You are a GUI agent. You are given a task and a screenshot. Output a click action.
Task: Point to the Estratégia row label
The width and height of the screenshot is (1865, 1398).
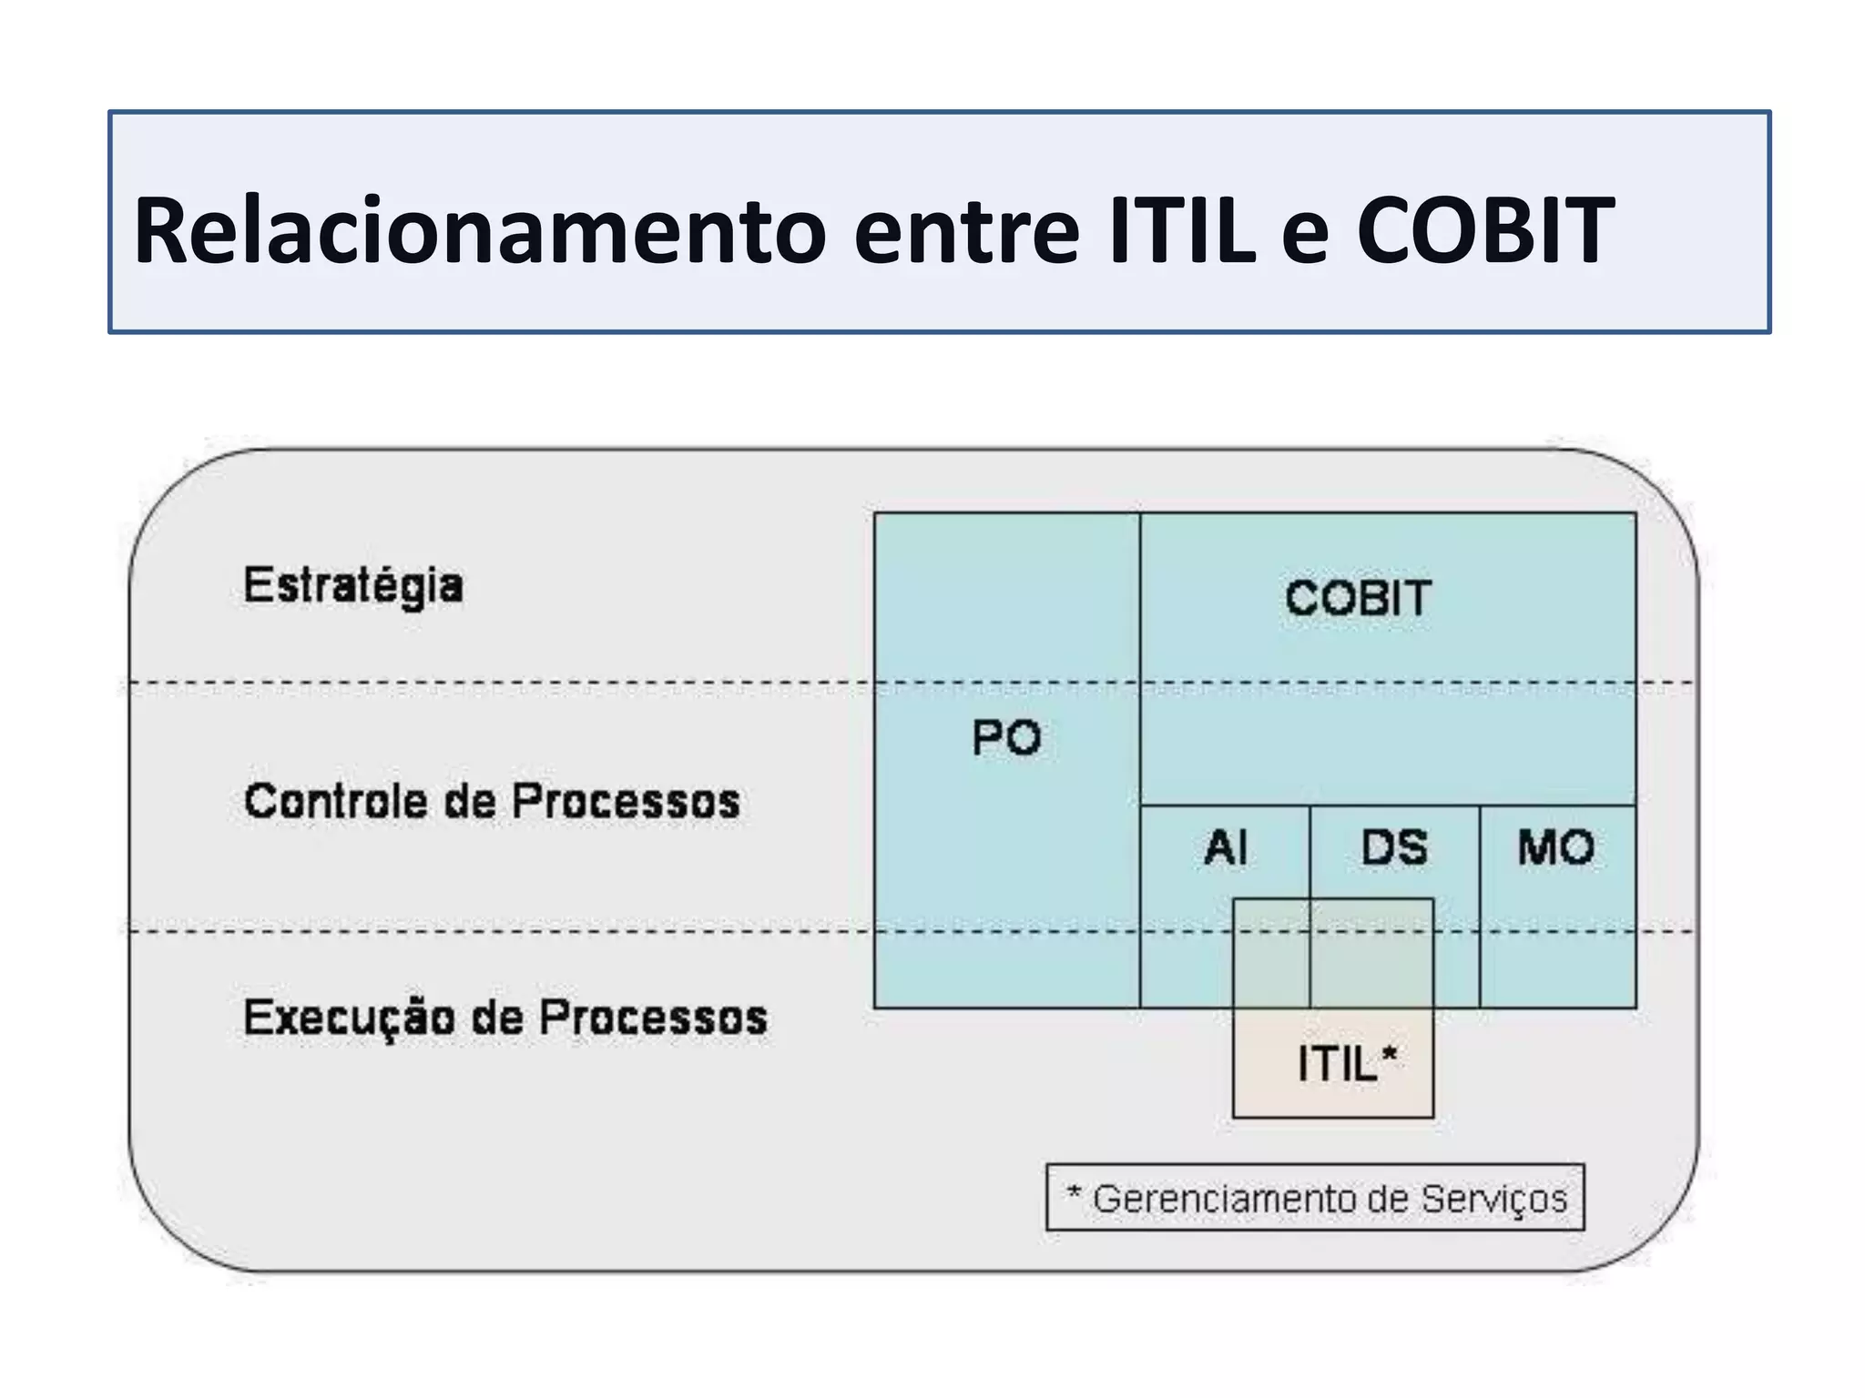[x=353, y=585]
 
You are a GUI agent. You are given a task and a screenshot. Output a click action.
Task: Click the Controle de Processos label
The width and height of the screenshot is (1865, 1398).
[x=492, y=802]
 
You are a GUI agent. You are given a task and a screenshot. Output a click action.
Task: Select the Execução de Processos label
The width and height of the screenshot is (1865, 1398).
[x=505, y=1018]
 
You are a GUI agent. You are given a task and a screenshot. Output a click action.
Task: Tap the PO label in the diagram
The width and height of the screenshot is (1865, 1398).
[x=1006, y=737]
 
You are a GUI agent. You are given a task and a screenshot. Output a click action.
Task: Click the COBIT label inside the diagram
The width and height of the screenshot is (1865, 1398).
[x=1358, y=598]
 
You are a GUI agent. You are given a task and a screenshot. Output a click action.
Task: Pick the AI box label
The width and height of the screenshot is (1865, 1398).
[x=1226, y=848]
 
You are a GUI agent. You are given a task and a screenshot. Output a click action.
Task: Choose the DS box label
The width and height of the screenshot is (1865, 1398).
[x=1394, y=848]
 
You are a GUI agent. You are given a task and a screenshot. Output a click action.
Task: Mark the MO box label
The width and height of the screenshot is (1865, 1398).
[x=1556, y=848]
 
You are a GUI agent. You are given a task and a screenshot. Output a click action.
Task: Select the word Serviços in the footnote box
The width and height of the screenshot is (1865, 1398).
[x=1494, y=1199]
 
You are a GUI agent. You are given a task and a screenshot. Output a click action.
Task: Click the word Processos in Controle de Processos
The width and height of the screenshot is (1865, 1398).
[x=626, y=802]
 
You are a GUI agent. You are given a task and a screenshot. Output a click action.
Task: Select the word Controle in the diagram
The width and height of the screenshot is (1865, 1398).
[x=335, y=802]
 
